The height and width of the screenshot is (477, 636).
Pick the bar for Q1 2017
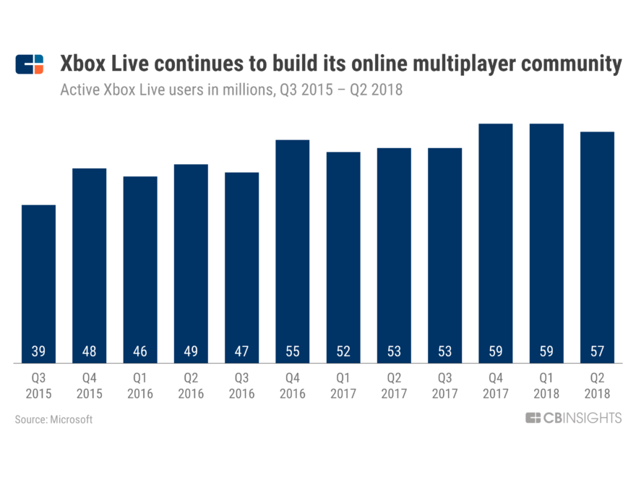[343, 257]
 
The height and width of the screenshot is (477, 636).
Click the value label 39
[38, 352]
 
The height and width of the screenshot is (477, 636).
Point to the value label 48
[89, 352]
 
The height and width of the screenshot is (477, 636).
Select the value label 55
[292, 352]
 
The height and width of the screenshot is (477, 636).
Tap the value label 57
[597, 352]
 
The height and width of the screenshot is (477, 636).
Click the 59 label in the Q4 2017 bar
[495, 352]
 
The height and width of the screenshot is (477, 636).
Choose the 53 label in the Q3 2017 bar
[444, 352]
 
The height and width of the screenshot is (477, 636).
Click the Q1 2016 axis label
[139, 386]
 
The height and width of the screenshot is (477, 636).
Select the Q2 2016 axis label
[191, 386]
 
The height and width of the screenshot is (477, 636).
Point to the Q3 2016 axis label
[241, 386]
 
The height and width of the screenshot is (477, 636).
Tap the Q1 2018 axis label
[546, 386]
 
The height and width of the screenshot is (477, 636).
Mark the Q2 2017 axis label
[394, 386]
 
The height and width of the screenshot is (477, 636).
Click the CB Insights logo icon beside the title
[29, 64]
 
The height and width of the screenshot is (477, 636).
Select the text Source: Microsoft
[53, 419]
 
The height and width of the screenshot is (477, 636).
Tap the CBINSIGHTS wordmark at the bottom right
[581, 418]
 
